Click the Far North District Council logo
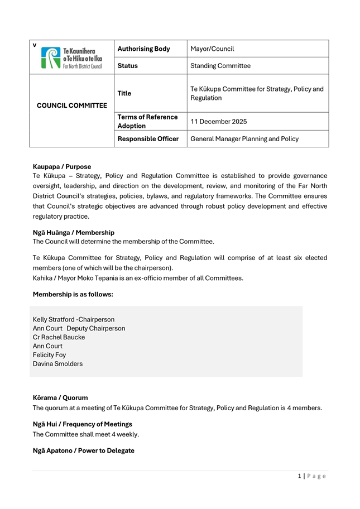pos(72,57)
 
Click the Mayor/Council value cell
pos(212,49)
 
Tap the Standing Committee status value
pos(220,66)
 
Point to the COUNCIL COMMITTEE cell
pos(72,105)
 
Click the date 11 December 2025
pos(219,122)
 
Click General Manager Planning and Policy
pos(244,139)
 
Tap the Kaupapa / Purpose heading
pos(62,166)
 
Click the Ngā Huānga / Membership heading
pos(74,232)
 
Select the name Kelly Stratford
pos(54,320)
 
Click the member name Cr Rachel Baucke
pos(59,337)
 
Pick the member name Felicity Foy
pos(49,355)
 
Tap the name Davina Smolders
pos(57,364)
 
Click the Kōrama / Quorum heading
pos(60,398)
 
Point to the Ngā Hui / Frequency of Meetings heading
pos(83,424)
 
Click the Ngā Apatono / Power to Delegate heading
pos(84,450)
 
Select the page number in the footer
pos(300,476)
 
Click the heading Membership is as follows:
pos(73,294)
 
